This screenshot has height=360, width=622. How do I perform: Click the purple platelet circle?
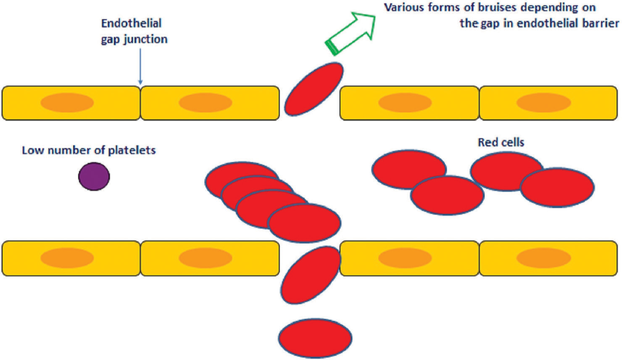(94, 176)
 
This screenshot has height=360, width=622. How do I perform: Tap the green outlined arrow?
(351, 33)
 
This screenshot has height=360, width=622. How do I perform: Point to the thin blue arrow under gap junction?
(140, 67)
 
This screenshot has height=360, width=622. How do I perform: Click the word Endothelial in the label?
(132, 24)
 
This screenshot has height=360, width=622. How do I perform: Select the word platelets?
(132, 150)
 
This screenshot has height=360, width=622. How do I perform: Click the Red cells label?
(501, 142)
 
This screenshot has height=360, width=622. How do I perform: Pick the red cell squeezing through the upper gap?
(314, 89)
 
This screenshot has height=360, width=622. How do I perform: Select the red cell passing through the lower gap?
(311, 275)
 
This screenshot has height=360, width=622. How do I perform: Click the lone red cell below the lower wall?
(315, 338)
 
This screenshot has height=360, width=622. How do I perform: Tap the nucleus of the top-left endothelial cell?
(67, 102)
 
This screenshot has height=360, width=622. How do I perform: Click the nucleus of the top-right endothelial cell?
(544, 102)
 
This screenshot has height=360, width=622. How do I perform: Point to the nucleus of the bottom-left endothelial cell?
(67, 258)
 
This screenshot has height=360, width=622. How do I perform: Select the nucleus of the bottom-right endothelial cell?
(544, 258)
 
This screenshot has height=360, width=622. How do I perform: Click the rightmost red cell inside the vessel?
(557, 188)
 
